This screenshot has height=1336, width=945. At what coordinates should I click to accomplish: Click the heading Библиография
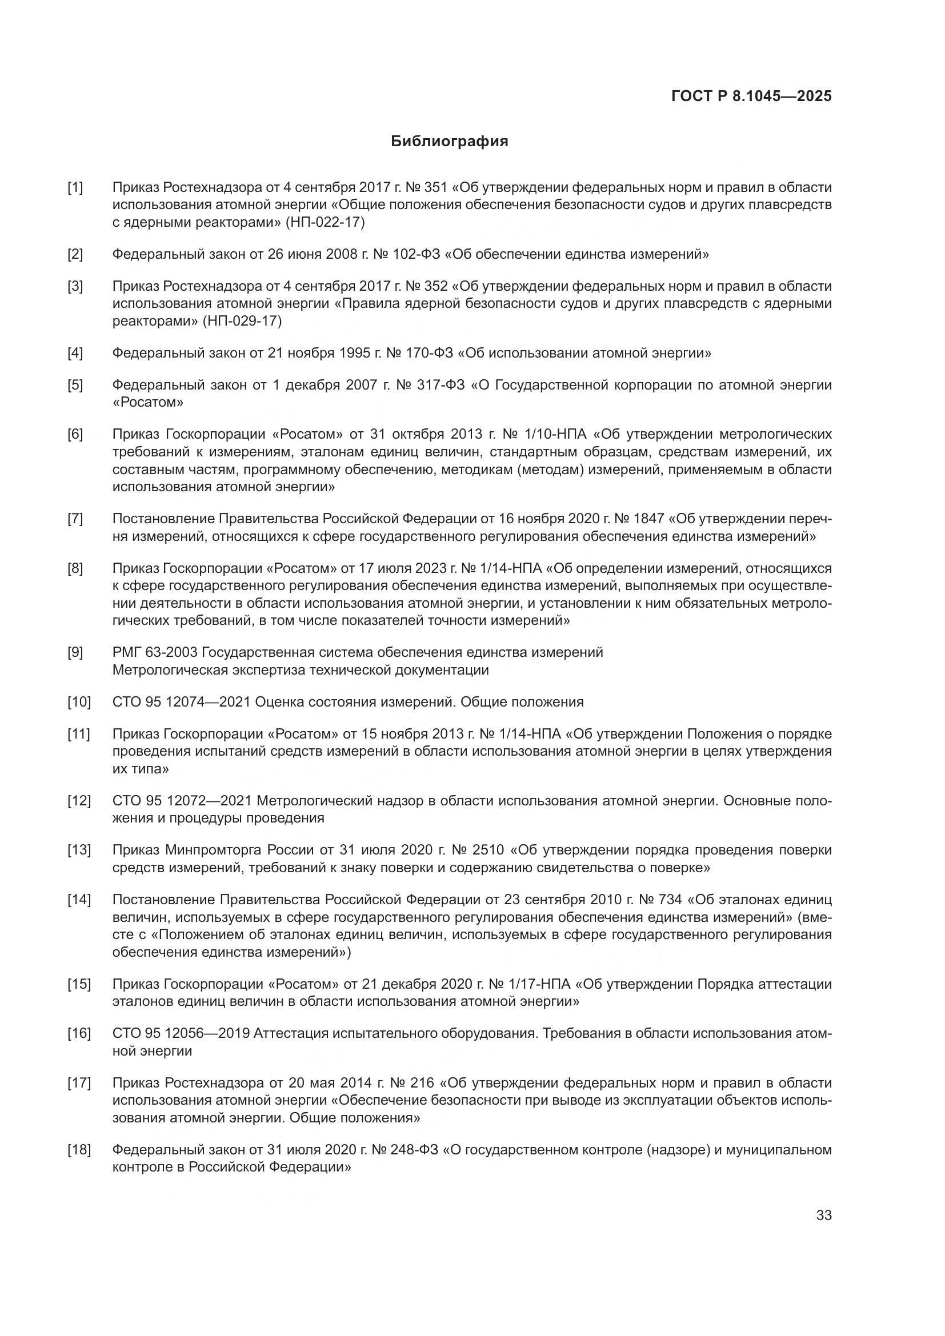point(449,142)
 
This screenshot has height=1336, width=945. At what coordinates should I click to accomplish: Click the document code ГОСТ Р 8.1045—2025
point(751,96)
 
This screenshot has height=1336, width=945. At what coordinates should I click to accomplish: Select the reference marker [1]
point(75,187)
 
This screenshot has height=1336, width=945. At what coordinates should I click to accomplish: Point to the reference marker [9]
point(75,652)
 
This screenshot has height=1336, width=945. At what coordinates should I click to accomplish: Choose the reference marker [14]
point(78,900)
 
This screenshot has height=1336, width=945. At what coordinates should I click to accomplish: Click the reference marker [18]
point(78,1150)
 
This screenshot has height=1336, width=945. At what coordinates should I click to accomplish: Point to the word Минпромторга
point(215,850)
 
